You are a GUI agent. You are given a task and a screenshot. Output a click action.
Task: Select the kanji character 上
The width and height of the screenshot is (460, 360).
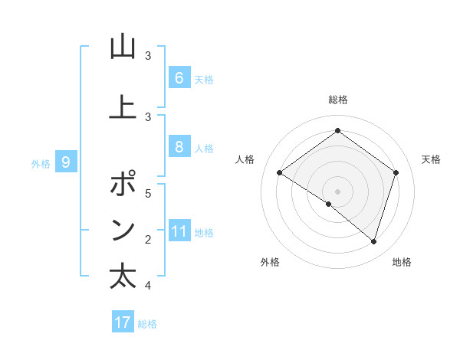[x=123, y=107]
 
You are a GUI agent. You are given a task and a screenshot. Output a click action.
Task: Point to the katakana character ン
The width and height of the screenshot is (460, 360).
[x=123, y=231]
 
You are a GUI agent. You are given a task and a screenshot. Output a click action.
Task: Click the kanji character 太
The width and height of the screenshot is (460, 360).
[x=123, y=277]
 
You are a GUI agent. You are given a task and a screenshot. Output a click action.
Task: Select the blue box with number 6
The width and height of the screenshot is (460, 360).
[x=179, y=77]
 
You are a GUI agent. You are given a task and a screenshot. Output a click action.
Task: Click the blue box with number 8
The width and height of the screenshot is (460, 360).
[x=179, y=147]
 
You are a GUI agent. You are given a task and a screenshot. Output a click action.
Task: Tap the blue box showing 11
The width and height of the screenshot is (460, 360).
[x=179, y=231]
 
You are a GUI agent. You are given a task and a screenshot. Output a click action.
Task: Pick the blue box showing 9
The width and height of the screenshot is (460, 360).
[x=66, y=162]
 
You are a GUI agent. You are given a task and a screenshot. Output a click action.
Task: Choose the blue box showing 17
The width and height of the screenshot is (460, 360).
[x=123, y=322]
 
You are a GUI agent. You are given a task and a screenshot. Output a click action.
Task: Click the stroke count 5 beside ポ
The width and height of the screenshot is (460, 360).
[x=148, y=193]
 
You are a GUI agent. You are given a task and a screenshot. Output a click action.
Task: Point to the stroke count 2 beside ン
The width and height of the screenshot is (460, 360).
[x=148, y=240]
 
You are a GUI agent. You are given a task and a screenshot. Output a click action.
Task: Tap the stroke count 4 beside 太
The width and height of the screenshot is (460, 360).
[x=148, y=286]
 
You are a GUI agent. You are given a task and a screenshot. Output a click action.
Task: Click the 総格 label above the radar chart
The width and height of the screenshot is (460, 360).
[x=338, y=100]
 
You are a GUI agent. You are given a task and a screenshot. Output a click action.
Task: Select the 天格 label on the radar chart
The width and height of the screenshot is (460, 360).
[x=431, y=159]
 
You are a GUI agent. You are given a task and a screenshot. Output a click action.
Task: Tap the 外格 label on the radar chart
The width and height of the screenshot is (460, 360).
[x=270, y=262]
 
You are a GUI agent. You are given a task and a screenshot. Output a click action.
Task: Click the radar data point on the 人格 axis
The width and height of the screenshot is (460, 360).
[x=279, y=173]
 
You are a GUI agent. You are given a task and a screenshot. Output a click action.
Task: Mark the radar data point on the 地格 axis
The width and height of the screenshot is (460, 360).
[x=373, y=242]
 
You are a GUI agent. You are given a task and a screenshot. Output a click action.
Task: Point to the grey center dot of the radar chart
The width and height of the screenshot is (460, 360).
[x=337, y=191]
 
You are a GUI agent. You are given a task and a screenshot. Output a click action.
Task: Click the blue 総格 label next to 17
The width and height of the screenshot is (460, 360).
[x=147, y=323]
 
